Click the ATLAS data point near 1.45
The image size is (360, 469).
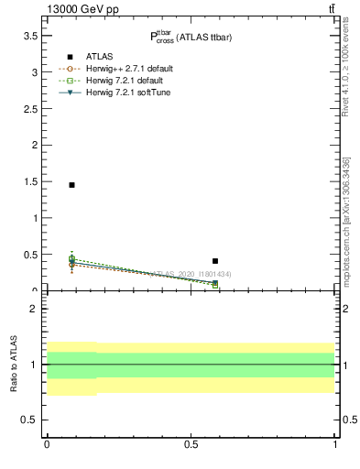pos(71,185)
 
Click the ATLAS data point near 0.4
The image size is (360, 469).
pos(215,261)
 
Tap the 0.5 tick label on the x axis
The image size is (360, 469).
pos(191,444)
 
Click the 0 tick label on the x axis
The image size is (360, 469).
pos(47,444)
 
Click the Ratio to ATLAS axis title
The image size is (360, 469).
pos(14,365)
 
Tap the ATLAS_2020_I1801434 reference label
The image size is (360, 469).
pos(191,274)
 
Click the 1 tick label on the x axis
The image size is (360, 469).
pos(335,444)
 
